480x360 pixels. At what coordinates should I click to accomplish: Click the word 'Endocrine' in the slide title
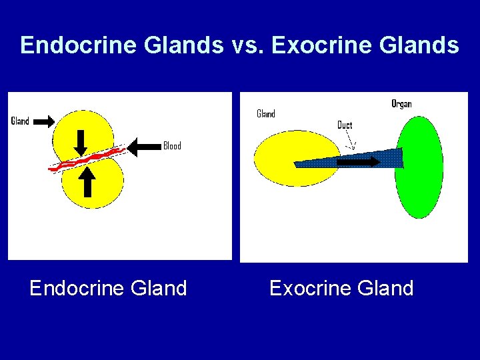64,45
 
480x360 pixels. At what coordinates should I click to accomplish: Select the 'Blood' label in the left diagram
172,146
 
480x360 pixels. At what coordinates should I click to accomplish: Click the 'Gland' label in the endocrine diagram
20,121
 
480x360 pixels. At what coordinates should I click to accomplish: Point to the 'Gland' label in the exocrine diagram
266,114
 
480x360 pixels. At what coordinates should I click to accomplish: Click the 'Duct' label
345,125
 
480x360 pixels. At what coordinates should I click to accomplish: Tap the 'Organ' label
401,104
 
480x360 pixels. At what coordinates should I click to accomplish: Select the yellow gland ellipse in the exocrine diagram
280,159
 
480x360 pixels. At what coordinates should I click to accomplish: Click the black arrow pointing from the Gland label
43,121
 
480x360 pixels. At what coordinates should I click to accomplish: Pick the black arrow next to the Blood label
144,147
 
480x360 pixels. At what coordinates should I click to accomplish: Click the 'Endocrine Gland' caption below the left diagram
108,289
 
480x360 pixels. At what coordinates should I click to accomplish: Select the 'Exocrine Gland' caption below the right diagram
341,289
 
